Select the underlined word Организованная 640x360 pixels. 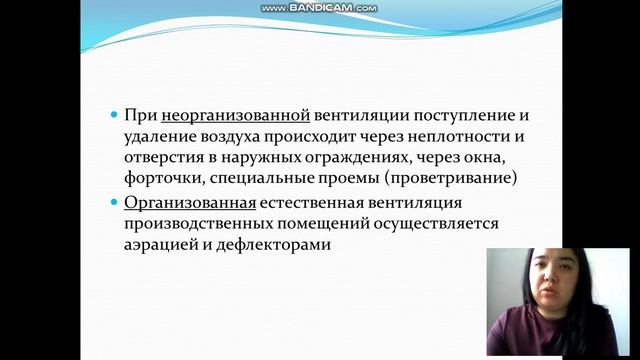point(188,203)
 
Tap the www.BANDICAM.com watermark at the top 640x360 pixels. point(319,8)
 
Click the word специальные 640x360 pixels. point(270,181)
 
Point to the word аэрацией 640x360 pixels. point(165,247)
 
